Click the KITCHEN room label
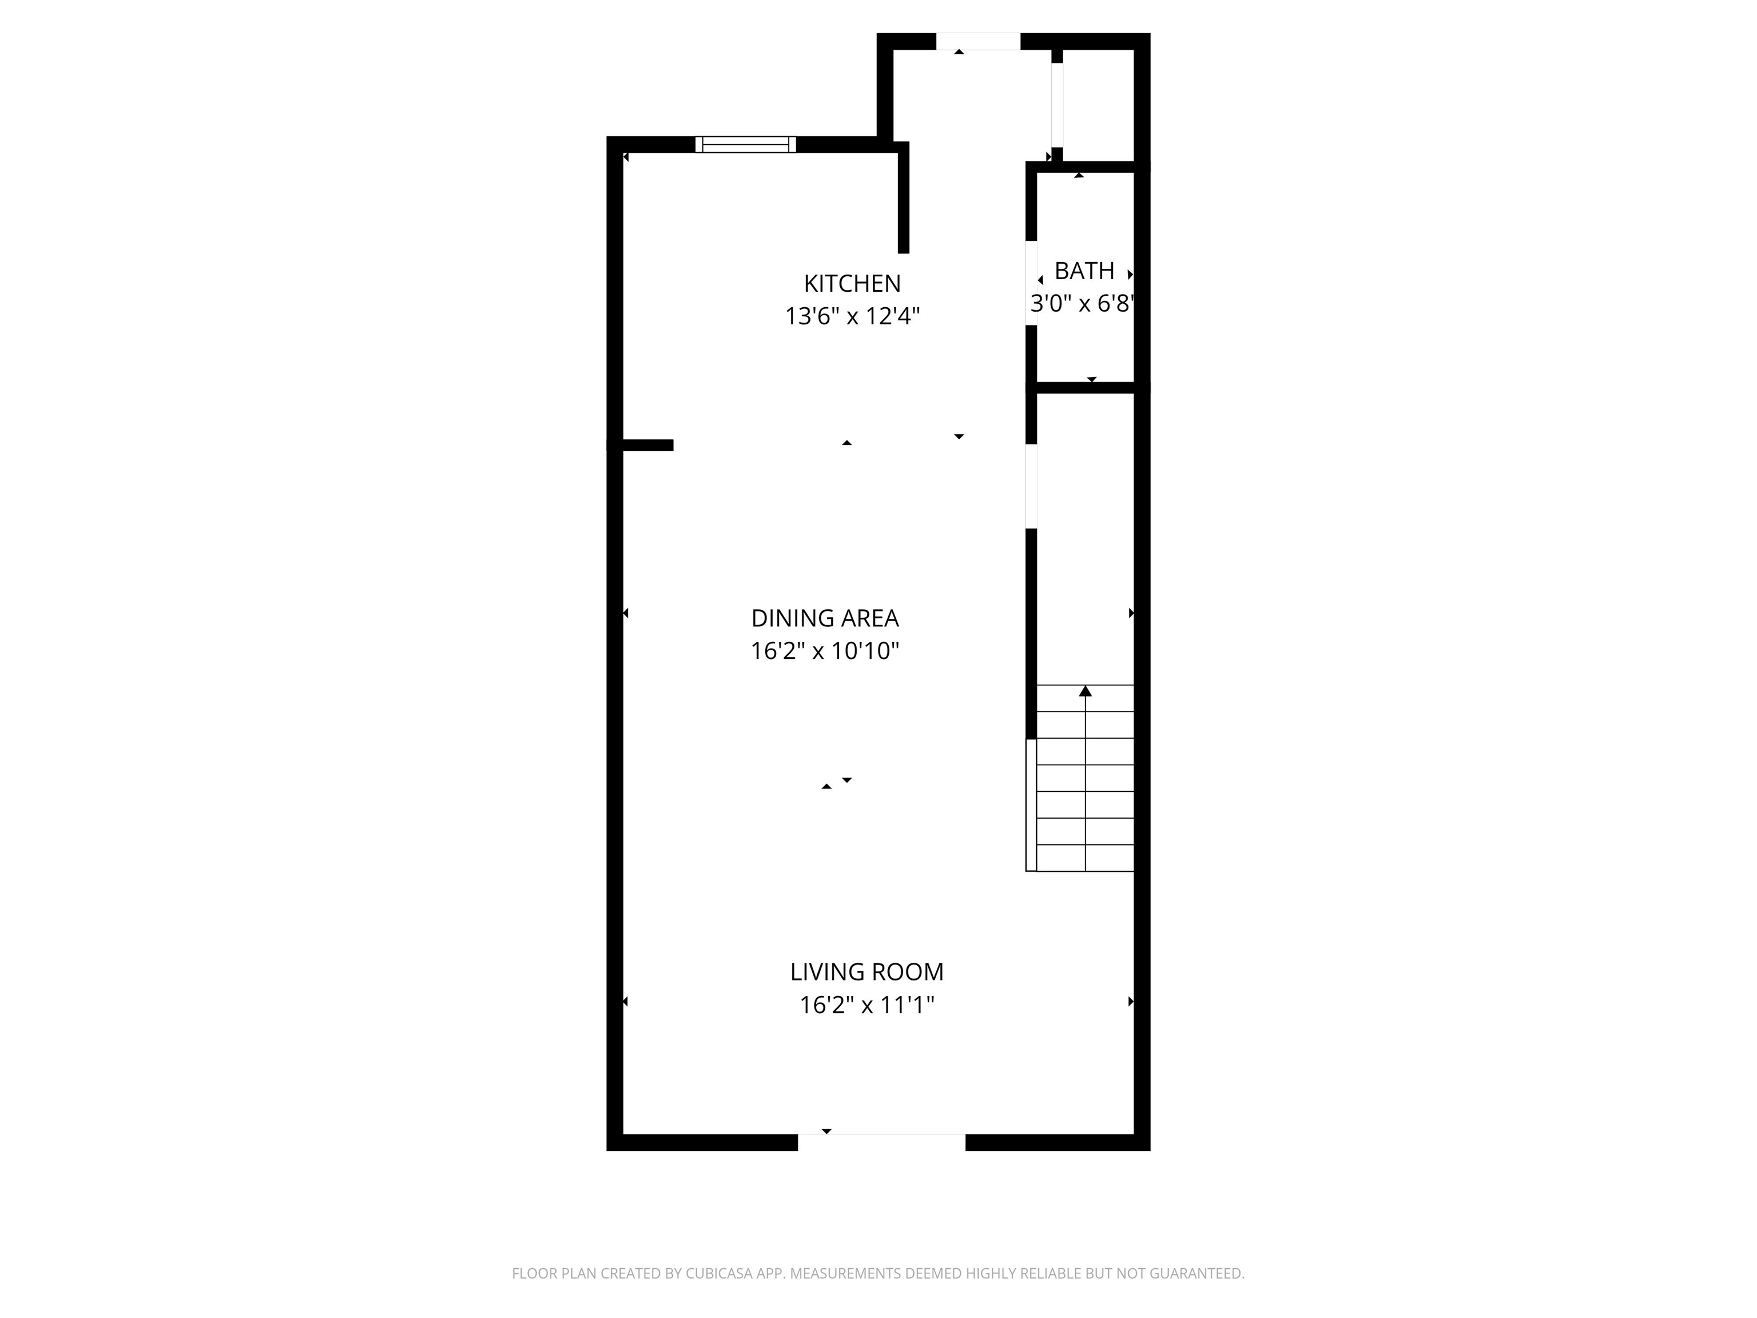click(852, 284)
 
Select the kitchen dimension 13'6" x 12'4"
click(852, 316)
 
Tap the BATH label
click(1084, 271)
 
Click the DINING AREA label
click(825, 618)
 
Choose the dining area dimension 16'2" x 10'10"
click(825, 652)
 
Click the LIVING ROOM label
click(866, 971)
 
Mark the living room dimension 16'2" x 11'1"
click(866, 1005)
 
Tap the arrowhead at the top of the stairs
click(1085, 690)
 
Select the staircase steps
click(1085, 778)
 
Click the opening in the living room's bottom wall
click(882, 1142)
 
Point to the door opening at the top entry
click(978, 41)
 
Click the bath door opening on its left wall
click(1031, 283)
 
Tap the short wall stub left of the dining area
click(648, 445)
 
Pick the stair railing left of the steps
click(1031, 805)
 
